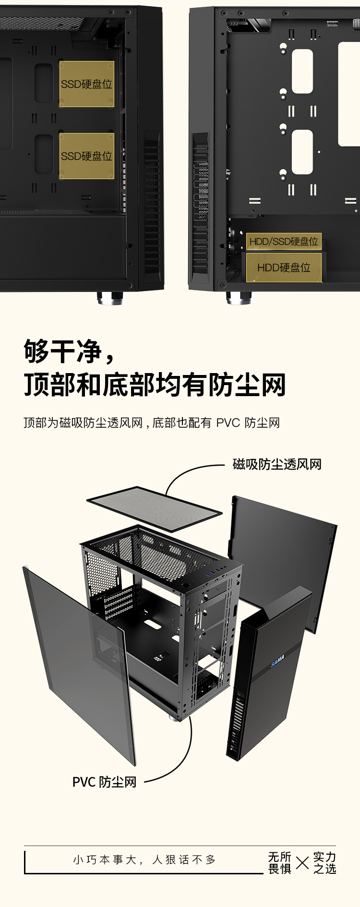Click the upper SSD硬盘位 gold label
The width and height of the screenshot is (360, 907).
pos(86,84)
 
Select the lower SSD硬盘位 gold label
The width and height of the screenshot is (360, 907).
pos(86,156)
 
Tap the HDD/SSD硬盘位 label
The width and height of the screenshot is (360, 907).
pos(284,242)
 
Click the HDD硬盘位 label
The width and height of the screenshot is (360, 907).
pos(284,267)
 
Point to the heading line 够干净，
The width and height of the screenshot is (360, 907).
pos(70,351)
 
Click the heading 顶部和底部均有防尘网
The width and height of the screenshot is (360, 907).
pos(155,385)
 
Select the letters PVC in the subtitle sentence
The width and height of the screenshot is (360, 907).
pos(228,423)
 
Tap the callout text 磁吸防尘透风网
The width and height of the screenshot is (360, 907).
pos(277,464)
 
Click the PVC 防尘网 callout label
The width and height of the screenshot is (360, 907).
pos(104,782)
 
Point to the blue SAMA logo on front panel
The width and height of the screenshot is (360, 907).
pos(277,661)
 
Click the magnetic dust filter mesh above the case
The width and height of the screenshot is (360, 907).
pos(155,508)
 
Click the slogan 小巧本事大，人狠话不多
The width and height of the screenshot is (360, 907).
pos(144,860)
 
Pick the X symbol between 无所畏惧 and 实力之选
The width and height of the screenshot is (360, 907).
pos(302,863)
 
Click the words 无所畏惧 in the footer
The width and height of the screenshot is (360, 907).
pos(279,863)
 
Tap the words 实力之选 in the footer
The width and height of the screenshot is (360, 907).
pos(324,863)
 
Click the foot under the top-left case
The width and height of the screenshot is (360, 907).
pos(109,298)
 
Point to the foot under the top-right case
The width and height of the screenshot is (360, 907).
pos(239,298)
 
